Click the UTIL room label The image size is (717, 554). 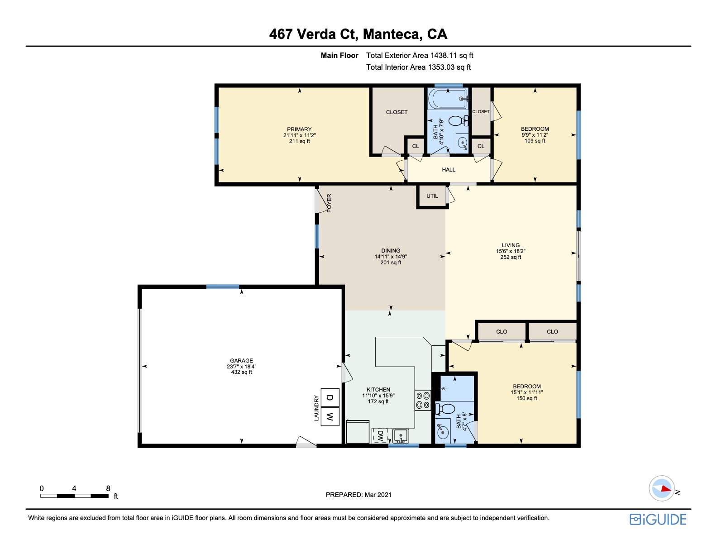pos(432,196)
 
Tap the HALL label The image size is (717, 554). pos(449,170)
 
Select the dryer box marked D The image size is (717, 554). pos(330,397)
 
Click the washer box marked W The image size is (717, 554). pos(330,417)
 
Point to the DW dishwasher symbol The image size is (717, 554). pos(379,435)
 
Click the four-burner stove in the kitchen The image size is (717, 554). pos(423,400)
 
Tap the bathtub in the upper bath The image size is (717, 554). pos(448,98)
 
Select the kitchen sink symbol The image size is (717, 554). pos(401,436)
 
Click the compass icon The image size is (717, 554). pos(662,488)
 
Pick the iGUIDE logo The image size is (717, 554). pos(658,520)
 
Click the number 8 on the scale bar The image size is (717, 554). pos(108,488)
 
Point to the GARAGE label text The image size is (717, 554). pos(242,361)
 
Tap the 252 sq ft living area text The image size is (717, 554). pos(511,257)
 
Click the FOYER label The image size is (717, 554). pos(329,203)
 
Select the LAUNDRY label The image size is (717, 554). pos(316,408)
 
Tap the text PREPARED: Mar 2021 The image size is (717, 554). pos(358,495)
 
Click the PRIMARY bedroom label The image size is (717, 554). pos(299,129)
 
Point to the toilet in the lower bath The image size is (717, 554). pos(445,409)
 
